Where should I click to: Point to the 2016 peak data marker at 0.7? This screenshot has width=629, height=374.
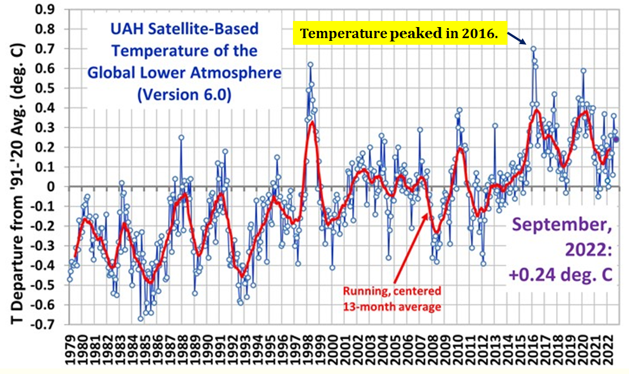coord(533,49)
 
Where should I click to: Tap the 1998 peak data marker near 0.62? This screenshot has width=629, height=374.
coord(310,65)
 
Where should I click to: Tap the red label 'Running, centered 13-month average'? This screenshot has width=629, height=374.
coord(392,298)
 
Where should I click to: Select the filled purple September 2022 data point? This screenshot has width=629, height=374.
coord(616,139)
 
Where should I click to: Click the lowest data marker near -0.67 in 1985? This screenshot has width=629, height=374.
coord(140,319)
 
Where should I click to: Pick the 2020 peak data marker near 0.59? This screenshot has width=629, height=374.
coord(583,71)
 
